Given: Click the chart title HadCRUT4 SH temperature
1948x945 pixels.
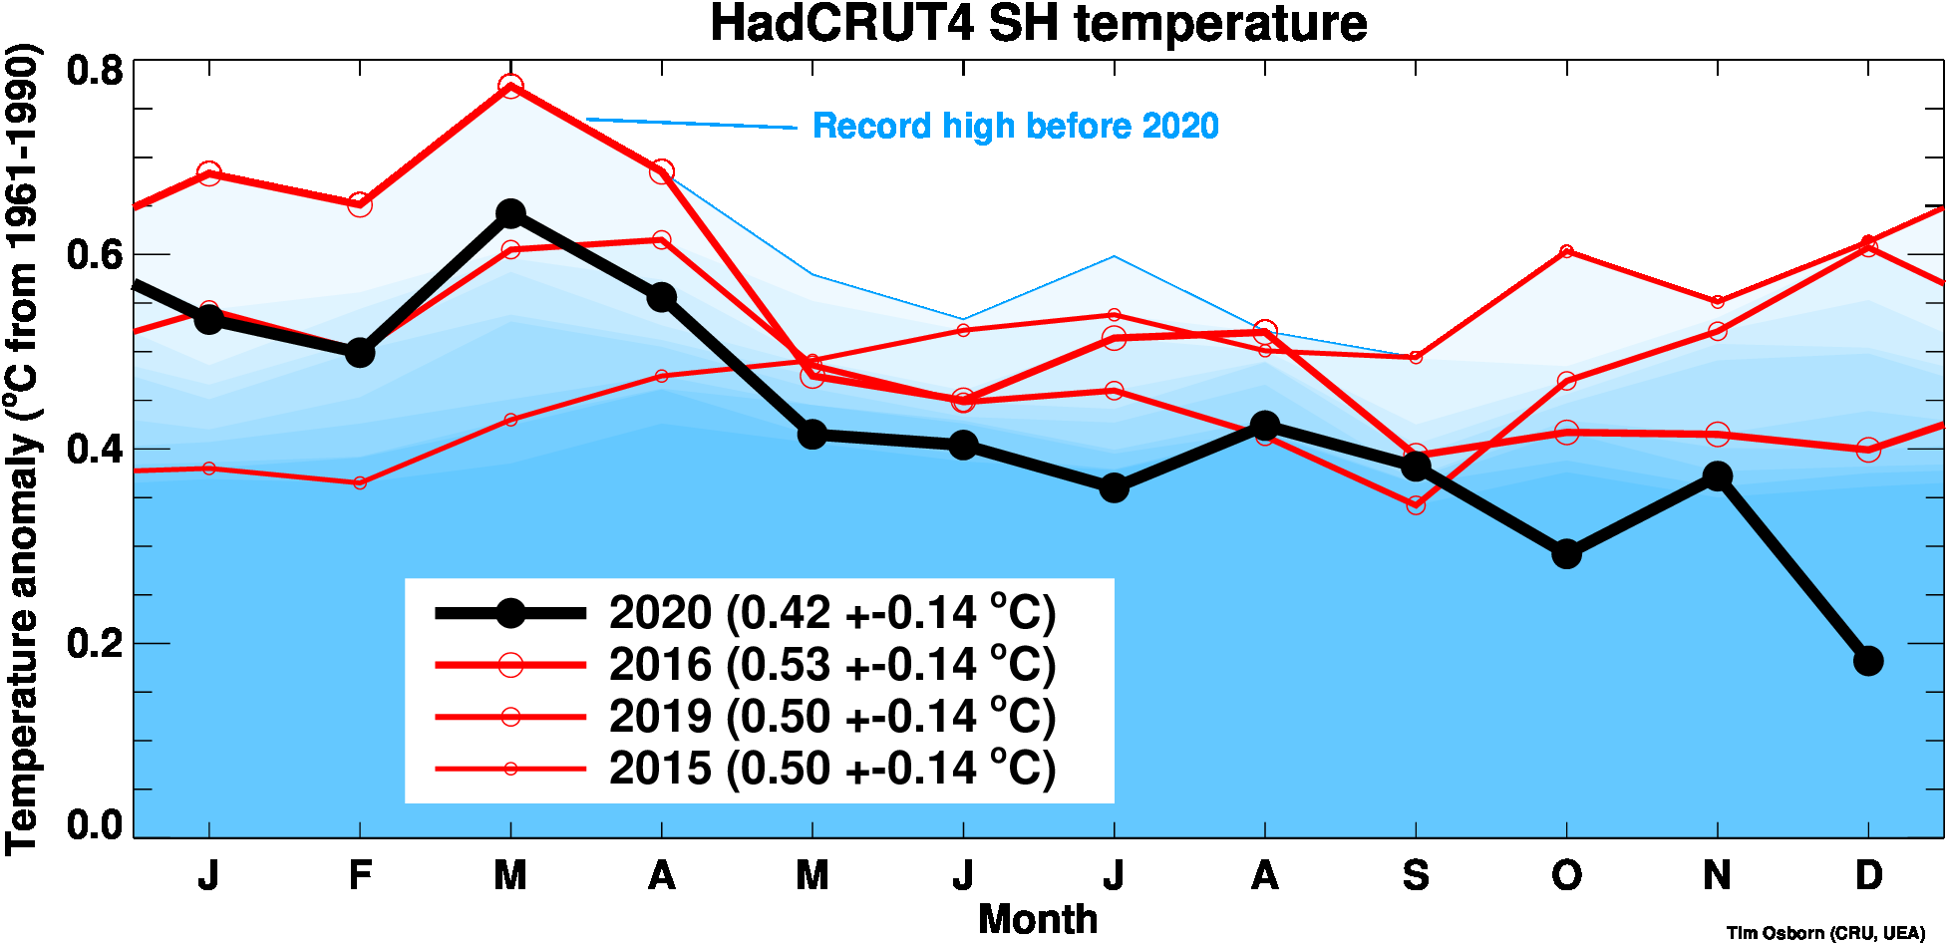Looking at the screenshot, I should [1038, 24].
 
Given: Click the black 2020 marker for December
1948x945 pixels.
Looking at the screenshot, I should [1867, 660].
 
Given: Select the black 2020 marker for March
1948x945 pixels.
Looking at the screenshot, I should [510, 213].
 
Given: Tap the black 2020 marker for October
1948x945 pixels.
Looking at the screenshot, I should [1566, 553].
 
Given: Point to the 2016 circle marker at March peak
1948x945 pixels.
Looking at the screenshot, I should [510, 87].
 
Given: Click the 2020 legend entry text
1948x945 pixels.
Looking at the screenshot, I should [831, 613].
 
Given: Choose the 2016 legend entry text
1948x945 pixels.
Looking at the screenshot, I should [831, 665].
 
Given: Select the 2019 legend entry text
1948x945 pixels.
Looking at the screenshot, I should [831, 717].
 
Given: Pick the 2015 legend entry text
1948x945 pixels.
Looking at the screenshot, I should [831, 769].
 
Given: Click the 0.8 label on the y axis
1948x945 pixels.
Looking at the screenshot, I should [95, 71].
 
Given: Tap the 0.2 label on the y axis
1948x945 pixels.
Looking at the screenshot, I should [95, 643].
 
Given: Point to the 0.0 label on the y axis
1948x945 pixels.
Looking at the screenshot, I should [95, 825].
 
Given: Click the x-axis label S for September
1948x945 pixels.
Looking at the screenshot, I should [1416, 876].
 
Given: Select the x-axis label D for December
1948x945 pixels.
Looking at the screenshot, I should [1867, 876].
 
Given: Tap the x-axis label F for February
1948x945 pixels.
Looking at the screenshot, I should [360, 876].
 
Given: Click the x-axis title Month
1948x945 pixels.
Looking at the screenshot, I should [1038, 919].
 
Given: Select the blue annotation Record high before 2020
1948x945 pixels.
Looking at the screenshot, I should [1015, 127].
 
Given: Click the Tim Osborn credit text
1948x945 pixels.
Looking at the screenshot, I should [1825, 933].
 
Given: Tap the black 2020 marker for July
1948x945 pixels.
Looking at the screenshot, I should [1114, 487].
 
